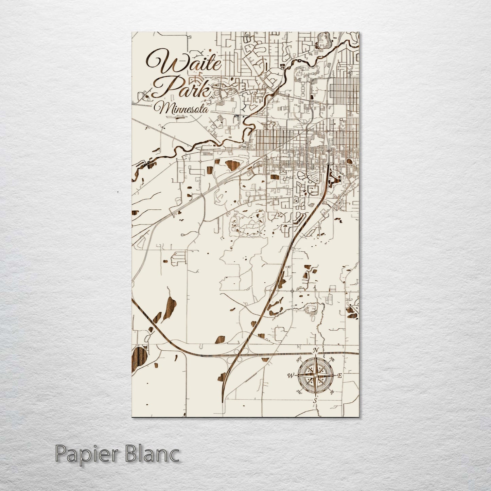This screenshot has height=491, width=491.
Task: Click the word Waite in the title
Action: tap(183, 63)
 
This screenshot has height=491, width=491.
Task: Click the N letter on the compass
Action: tap(316, 351)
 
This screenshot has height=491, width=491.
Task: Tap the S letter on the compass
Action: tap(315, 401)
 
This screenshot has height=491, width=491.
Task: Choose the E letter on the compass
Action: tap(339, 375)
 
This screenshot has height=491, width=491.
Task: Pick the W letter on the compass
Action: tap(291, 376)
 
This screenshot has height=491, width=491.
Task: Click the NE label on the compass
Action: tap(332, 359)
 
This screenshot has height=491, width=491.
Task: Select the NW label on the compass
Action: tap(299, 360)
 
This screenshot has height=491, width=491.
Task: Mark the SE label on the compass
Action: tap(332, 392)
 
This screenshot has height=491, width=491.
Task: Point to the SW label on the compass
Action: tap(299, 392)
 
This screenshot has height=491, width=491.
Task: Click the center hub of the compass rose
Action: tap(315, 375)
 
